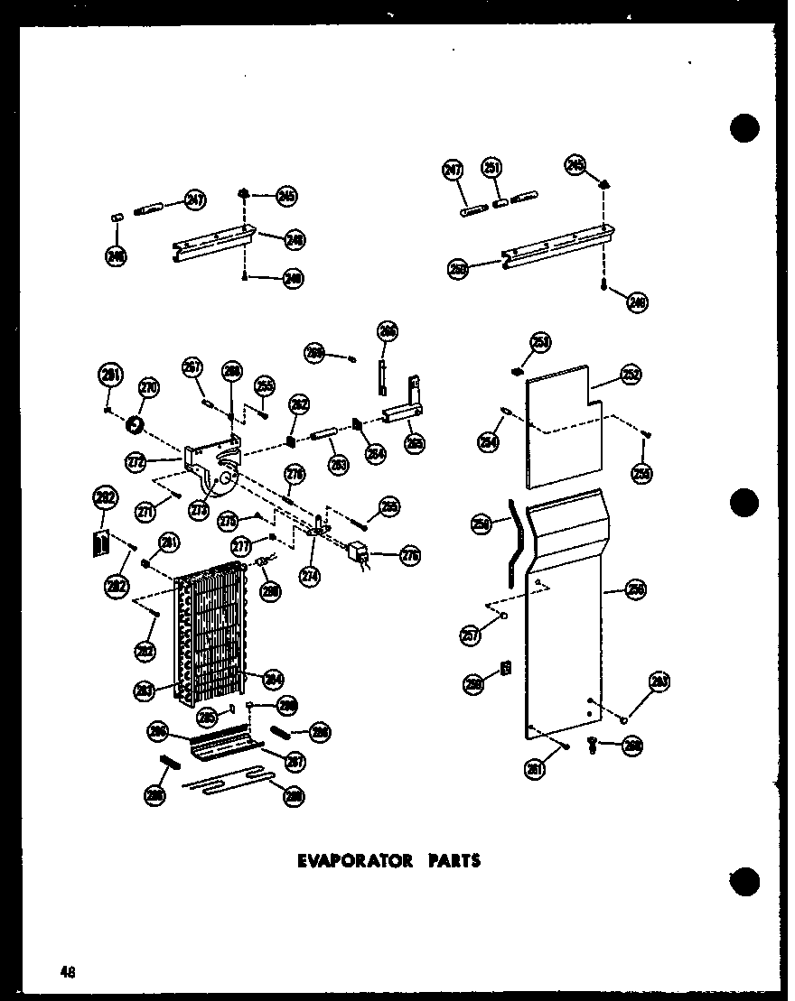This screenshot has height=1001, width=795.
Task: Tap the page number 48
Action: pyautogui.click(x=68, y=972)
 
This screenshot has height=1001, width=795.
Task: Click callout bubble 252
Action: pyautogui.click(x=631, y=374)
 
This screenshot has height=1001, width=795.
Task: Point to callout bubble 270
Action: pyautogui.click(x=148, y=389)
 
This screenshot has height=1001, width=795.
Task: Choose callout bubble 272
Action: pyautogui.click(x=136, y=463)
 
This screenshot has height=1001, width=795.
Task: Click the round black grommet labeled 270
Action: pyautogui.click(x=138, y=422)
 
